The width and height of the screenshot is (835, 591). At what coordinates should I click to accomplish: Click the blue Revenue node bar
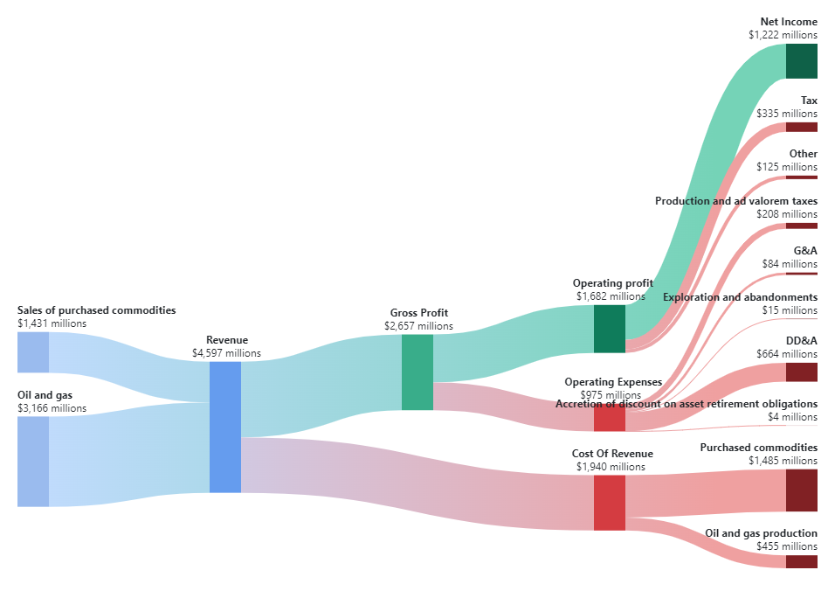(x=224, y=427)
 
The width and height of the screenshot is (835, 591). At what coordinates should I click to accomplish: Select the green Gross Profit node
(x=417, y=372)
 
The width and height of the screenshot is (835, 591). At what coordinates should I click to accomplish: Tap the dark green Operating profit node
(x=609, y=329)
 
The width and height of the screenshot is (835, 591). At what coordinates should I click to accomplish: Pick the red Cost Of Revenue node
(x=609, y=503)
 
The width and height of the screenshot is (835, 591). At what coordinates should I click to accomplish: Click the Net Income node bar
(x=801, y=61)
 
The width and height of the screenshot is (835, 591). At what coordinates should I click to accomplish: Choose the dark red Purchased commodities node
(x=801, y=490)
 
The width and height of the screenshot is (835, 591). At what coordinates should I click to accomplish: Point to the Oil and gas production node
(x=801, y=561)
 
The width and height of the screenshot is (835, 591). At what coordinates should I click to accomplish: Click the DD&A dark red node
(x=801, y=372)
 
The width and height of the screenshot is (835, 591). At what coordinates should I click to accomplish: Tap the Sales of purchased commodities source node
(x=32, y=352)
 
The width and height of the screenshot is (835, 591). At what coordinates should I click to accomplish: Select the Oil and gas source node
(x=32, y=462)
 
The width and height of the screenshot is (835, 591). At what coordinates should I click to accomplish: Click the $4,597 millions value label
(x=226, y=353)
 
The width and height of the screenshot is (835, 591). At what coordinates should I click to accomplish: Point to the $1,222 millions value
(x=783, y=35)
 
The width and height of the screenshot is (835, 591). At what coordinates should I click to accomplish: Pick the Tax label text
(x=809, y=101)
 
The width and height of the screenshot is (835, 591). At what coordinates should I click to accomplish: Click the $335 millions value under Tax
(x=787, y=114)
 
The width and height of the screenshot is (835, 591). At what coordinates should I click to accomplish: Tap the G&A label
(x=805, y=251)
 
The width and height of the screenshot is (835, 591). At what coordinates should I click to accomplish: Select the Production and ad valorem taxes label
(x=736, y=201)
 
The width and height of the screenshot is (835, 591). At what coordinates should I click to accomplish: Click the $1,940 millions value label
(x=611, y=467)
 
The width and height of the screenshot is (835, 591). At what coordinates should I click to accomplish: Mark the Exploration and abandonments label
(x=740, y=297)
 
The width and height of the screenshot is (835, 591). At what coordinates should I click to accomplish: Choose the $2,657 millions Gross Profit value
(x=418, y=326)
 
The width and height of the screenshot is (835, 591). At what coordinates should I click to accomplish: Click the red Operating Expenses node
(x=609, y=419)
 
